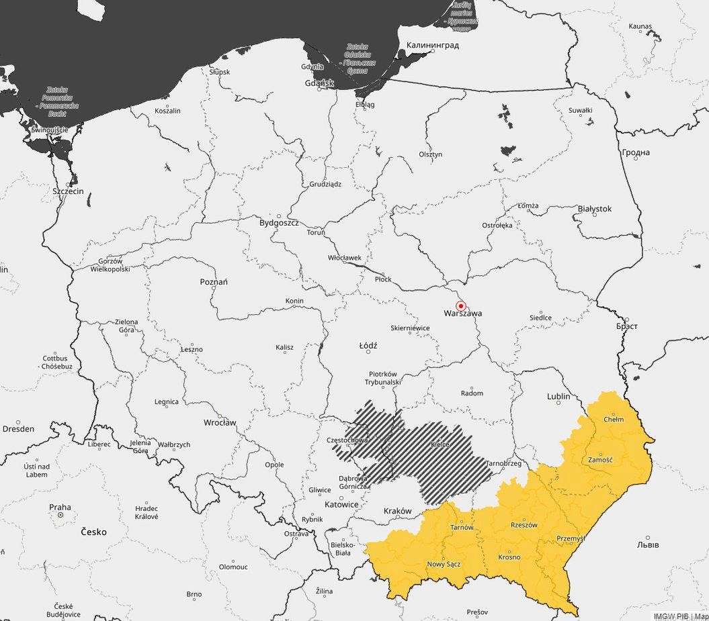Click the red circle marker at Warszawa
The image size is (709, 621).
point(460,305)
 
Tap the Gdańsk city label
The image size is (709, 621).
point(319,83)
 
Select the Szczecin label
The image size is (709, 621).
point(68,191)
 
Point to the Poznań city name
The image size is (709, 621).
point(214,282)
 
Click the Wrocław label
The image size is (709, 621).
point(220,423)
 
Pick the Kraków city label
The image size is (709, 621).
point(397,511)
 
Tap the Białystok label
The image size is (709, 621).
point(595,209)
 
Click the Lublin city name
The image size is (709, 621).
point(558,397)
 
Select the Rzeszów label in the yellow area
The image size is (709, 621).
point(524,525)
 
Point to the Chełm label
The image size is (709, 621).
point(613,420)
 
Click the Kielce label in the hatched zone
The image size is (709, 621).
point(440,444)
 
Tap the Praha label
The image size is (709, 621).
point(60,508)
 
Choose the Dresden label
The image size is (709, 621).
point(18,428)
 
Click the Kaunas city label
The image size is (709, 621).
point(640,26)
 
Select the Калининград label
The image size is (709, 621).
point(433,46)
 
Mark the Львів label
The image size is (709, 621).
point(648,544)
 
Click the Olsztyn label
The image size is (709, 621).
point(431,154)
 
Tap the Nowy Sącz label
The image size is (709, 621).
point(444,564)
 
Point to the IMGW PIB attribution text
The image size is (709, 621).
point(671,616)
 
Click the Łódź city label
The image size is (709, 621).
point(368,346)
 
